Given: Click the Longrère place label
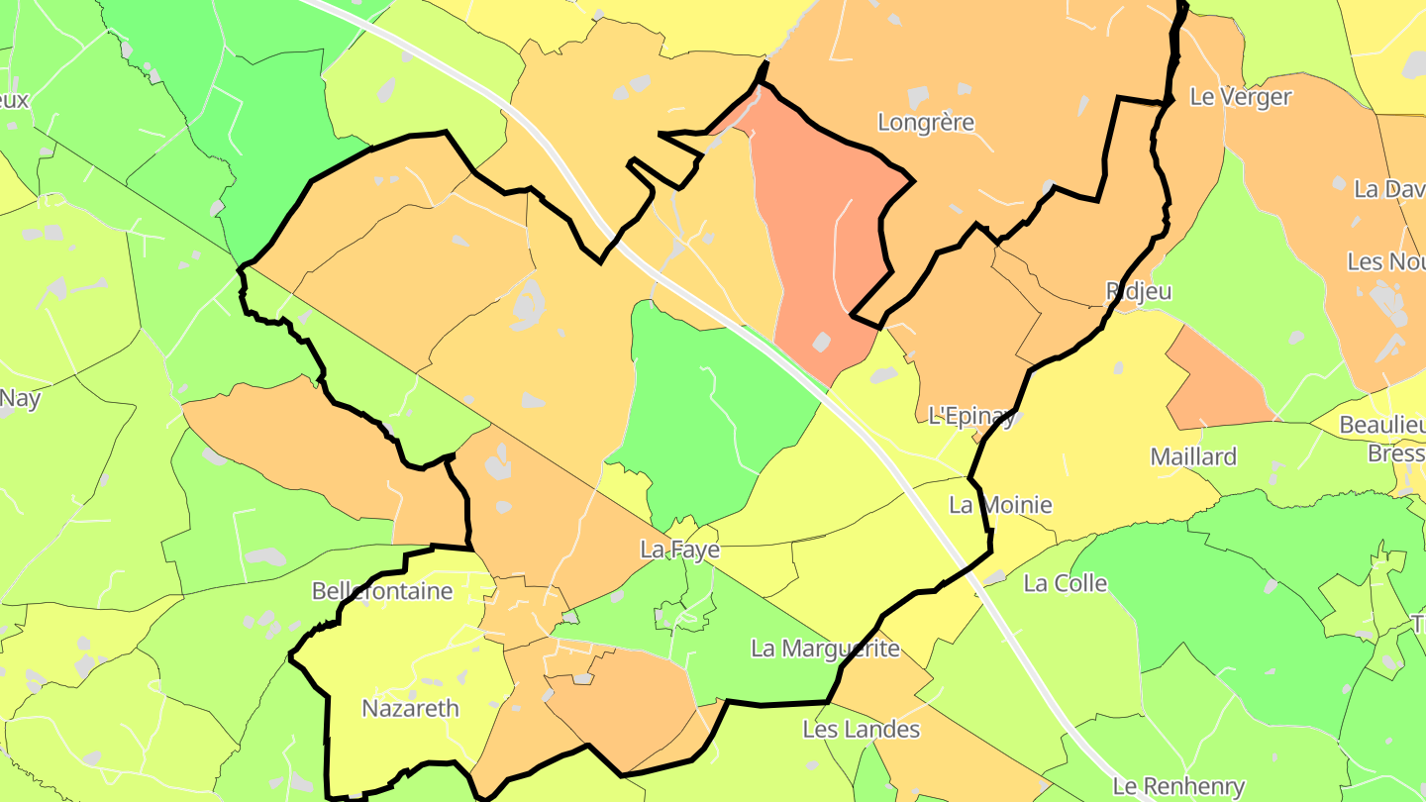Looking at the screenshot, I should click(926, 123).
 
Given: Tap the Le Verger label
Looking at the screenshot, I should click(1241, 97).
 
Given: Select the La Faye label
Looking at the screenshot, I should click(679, 550).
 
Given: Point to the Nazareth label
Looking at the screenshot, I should click(410, 709).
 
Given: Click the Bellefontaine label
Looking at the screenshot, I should click(382, 592).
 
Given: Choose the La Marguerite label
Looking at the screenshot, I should click(825, 650).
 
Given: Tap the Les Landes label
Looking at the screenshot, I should click(861, 731).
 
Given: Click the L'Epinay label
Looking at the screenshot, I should click(972, 416).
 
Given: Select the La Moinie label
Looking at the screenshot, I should click(1000, 506).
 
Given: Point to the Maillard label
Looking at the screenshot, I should click(1193, 457).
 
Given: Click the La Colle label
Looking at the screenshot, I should click(1066, 584).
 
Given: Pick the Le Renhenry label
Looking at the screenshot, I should click(1178, 787).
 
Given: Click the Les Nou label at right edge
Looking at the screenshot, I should click(1385, 262).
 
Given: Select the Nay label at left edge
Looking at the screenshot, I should click(20, 399).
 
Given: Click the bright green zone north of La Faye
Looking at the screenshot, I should click(713, 416).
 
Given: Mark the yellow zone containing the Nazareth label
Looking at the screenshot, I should click(396, 653).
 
